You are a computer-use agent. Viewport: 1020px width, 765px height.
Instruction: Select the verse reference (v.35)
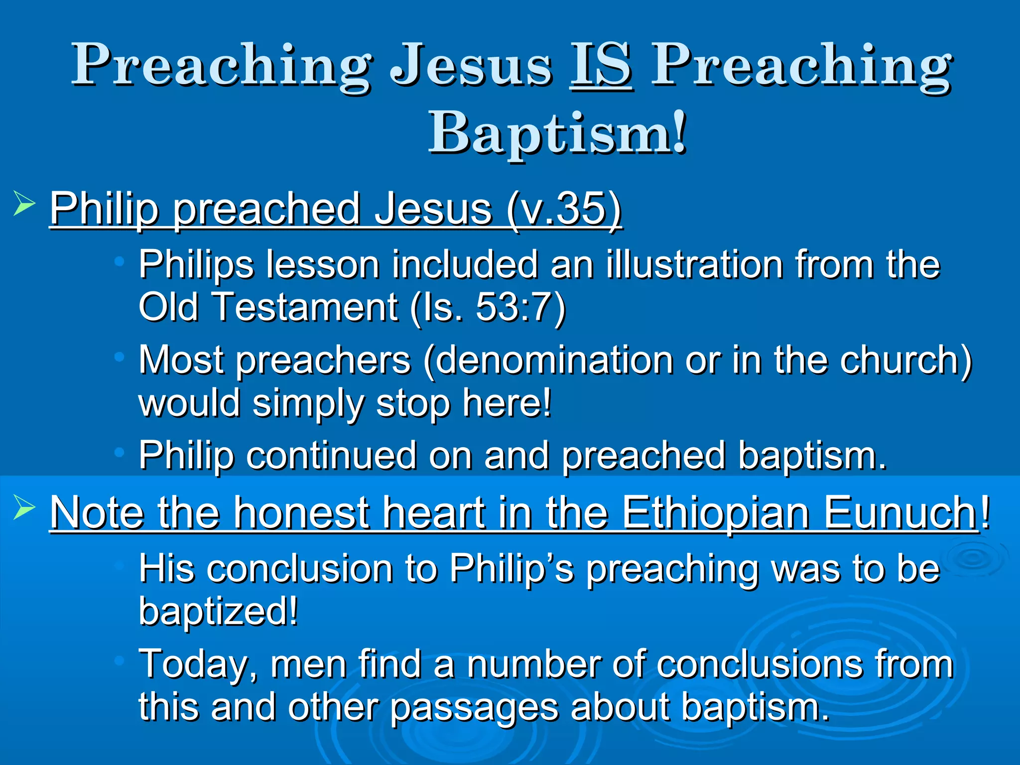[564, 209]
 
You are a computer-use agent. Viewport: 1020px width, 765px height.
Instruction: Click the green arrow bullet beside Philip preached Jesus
[24, 204]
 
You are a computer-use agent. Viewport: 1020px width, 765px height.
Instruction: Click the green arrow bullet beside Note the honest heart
[24, 507]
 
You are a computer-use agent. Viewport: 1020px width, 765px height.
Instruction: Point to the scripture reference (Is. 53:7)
[489, 307]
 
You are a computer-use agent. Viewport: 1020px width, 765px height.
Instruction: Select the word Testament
[305, 307]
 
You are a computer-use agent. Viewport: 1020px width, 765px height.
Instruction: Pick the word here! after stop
[507, 402]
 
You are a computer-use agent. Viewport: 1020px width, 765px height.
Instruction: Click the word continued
[331, 455]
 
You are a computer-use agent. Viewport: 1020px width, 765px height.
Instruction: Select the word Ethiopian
[716, 512]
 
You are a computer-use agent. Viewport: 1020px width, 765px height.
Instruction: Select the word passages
[474, 708]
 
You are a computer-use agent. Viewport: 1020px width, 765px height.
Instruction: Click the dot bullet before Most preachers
[119, 357]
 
